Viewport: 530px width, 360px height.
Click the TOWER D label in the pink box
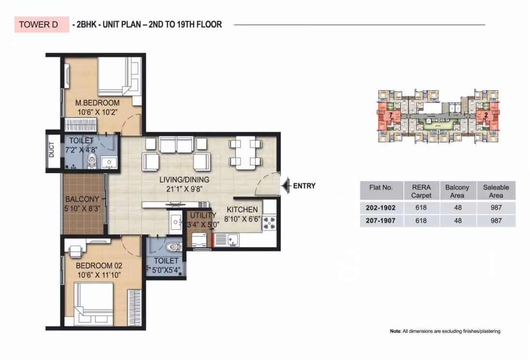38,25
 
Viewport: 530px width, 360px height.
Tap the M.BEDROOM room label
97,103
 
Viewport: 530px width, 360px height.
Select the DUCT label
52,149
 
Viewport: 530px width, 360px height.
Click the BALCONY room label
82,199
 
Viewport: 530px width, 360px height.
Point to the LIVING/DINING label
184,180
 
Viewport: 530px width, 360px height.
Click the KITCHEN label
242,210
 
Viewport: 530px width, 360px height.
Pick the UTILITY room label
203,215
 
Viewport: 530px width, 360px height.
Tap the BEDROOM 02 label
99,266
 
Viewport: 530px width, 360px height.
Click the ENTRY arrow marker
286,186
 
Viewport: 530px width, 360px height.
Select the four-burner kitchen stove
270,223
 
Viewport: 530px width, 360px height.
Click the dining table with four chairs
245,153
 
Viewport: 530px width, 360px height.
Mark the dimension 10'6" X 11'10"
99,275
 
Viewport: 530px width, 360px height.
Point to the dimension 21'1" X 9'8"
184,189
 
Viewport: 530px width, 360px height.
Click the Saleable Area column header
496,191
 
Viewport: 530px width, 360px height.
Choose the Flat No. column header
381,187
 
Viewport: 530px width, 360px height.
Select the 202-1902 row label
381,208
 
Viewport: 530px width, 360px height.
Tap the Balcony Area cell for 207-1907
458,221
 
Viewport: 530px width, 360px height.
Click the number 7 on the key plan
391,115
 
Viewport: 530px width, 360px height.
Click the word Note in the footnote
395,331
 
